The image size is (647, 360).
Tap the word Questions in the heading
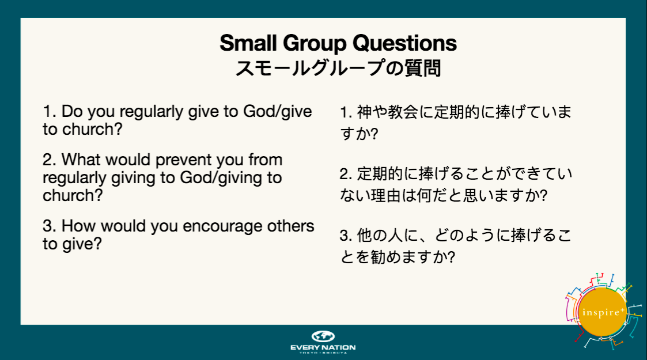tap(404, 43)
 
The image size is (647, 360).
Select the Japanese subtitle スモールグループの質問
tap(338, 68)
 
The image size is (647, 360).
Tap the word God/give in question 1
tap(278, 112)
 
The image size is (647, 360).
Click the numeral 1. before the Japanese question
tap(346, 112)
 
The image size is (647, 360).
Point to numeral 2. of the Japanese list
tap(346, 174)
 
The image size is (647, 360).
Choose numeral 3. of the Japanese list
tap(346, 236)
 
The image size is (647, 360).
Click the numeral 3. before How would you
tap(49, 226)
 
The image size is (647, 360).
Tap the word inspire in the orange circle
tap(600, 313)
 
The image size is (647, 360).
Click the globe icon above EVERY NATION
tap(323, 336)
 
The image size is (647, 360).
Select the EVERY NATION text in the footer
tap(323, 347)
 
